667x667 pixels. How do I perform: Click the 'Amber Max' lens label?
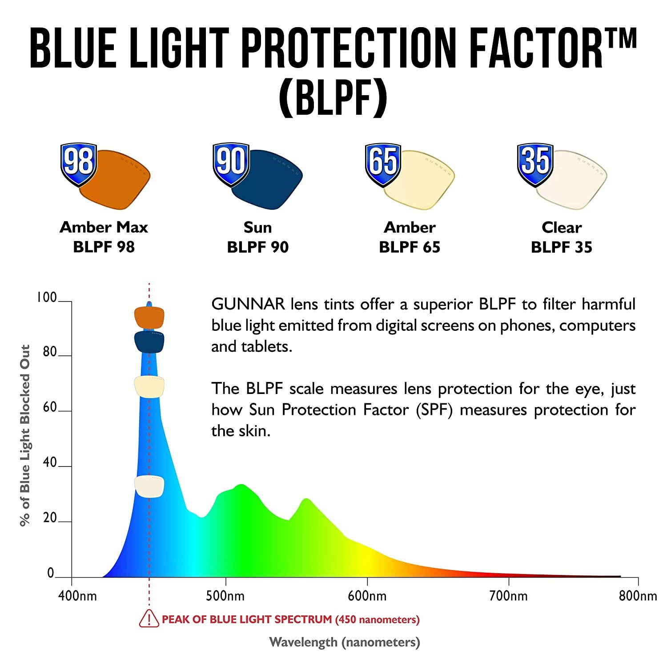click(x=104, y=227)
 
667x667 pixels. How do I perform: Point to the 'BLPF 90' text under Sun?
click(x=257, y=247)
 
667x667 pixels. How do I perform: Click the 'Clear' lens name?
click(x=561, y=227)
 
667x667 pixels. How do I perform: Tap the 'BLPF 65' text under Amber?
click(x=410, y=247)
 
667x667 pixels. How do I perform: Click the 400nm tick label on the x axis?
click(x=77, y=596)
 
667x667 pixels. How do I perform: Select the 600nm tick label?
click(x=367, y=596)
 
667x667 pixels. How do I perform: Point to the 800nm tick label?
click(x=638, y=596)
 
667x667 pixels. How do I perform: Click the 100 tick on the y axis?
click(x=47, y=297)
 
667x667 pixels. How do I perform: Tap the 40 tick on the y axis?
click(x=50, y=463)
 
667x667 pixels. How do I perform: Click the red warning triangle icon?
click(x=149, y=619)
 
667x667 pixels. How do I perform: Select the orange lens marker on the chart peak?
click(x=149, y=317)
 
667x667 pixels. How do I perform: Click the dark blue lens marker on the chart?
click(x=149, y=342)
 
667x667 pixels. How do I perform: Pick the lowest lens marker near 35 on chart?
click(x=149, y=486)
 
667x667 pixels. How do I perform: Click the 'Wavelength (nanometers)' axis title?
click(x=345, y=642)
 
